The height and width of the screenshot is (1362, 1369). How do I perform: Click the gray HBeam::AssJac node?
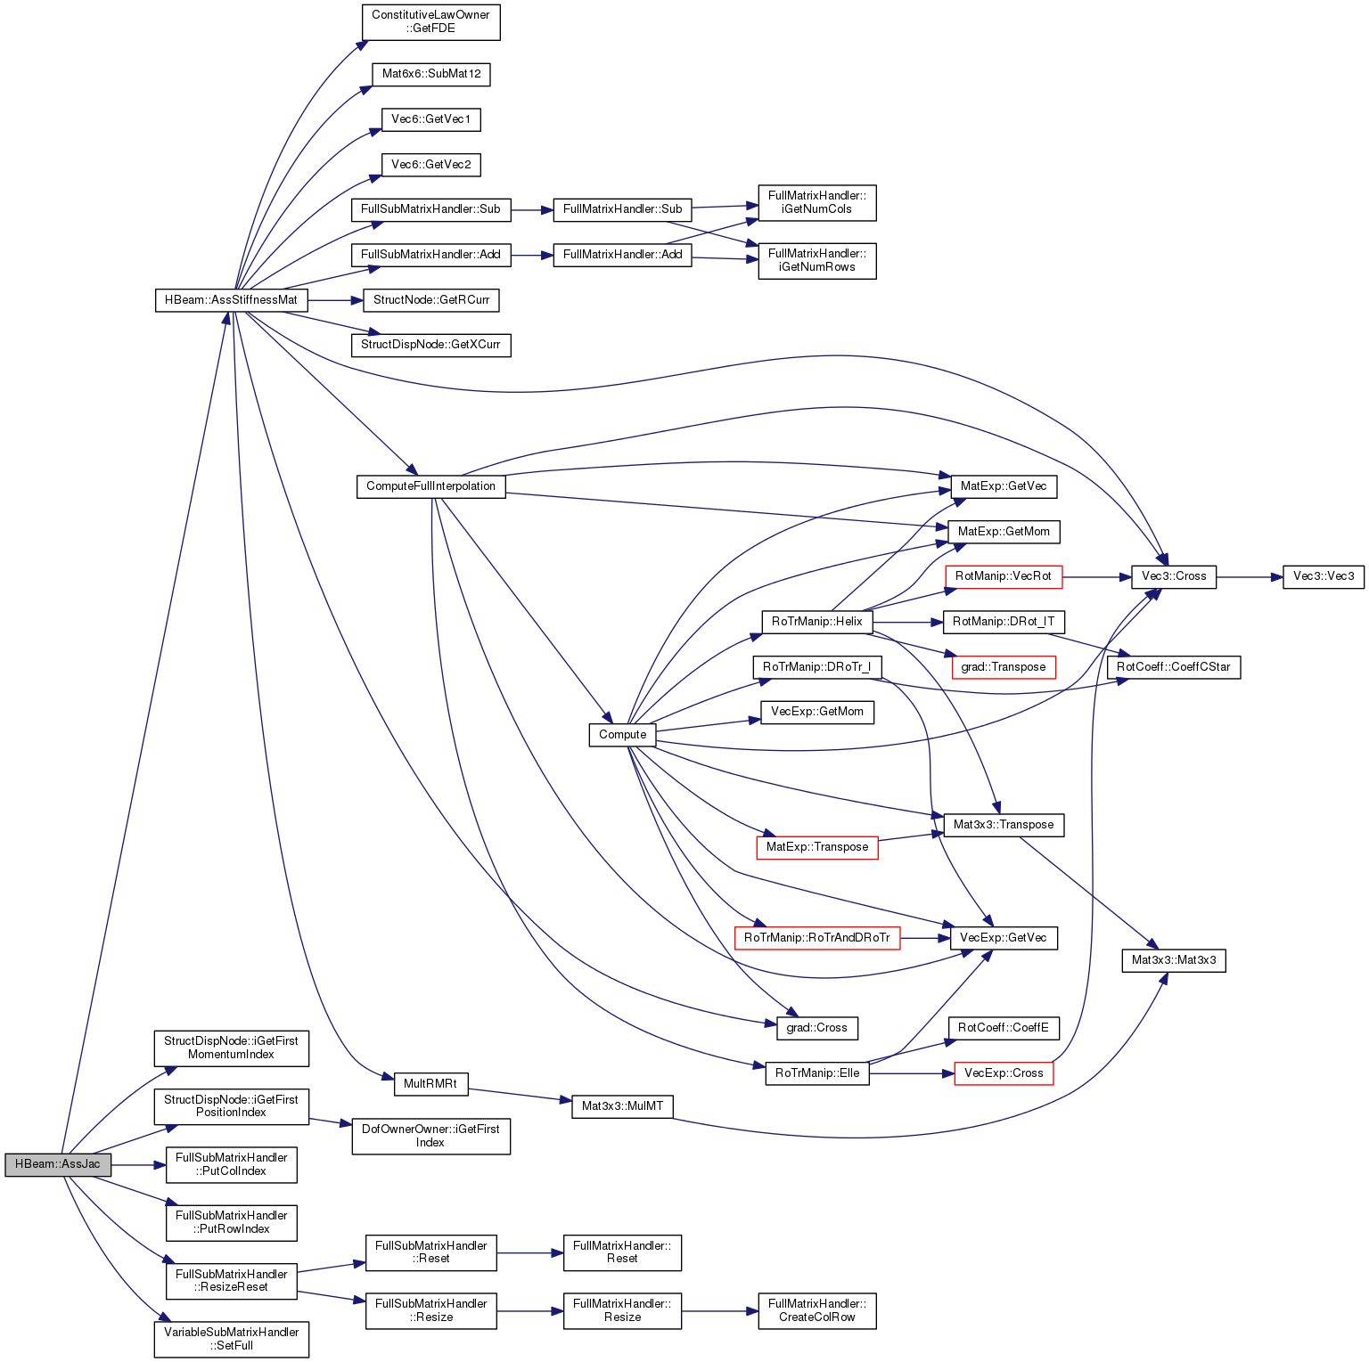click(x=58, y=1164)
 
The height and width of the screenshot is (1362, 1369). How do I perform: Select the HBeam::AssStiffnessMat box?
click(x=231, y=300)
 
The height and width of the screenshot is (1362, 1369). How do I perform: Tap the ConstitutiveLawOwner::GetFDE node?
click(x=430, y=22)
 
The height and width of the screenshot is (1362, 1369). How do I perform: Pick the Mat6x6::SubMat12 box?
click(x=431, y=74)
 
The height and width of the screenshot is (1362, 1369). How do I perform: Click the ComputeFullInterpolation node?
click(x=430, y=486)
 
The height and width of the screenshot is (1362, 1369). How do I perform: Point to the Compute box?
click(x=622, y=735)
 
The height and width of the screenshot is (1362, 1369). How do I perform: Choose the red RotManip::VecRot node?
click(x=1003, y=576)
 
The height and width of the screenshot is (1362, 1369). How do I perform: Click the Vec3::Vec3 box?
click(x=1323, y=576)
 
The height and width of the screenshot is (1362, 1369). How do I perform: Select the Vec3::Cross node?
click(x=1173, y=576)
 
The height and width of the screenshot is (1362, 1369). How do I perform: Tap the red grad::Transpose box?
click(x=1003, y=667)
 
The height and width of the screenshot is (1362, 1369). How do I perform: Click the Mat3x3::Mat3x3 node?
click(x=1173, y=960)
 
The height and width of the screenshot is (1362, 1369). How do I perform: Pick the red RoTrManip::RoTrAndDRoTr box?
click(x=816, y=938)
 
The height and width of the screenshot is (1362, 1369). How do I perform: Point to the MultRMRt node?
click(x=430, y=1084)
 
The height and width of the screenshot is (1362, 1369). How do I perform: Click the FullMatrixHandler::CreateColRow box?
click(x=816, y=1310)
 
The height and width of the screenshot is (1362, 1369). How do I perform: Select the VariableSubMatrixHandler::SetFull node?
click(x=231, y=1339)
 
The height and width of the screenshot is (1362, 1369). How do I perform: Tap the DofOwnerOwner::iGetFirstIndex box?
click(x=430, y=1136)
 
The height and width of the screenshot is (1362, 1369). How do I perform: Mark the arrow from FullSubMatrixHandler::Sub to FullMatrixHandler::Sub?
click(x=532, y=210)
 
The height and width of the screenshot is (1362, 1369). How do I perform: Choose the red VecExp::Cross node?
click(x=1003, y=1073)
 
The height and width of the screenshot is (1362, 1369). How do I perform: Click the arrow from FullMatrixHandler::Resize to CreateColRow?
click(x=719, y=1311)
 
